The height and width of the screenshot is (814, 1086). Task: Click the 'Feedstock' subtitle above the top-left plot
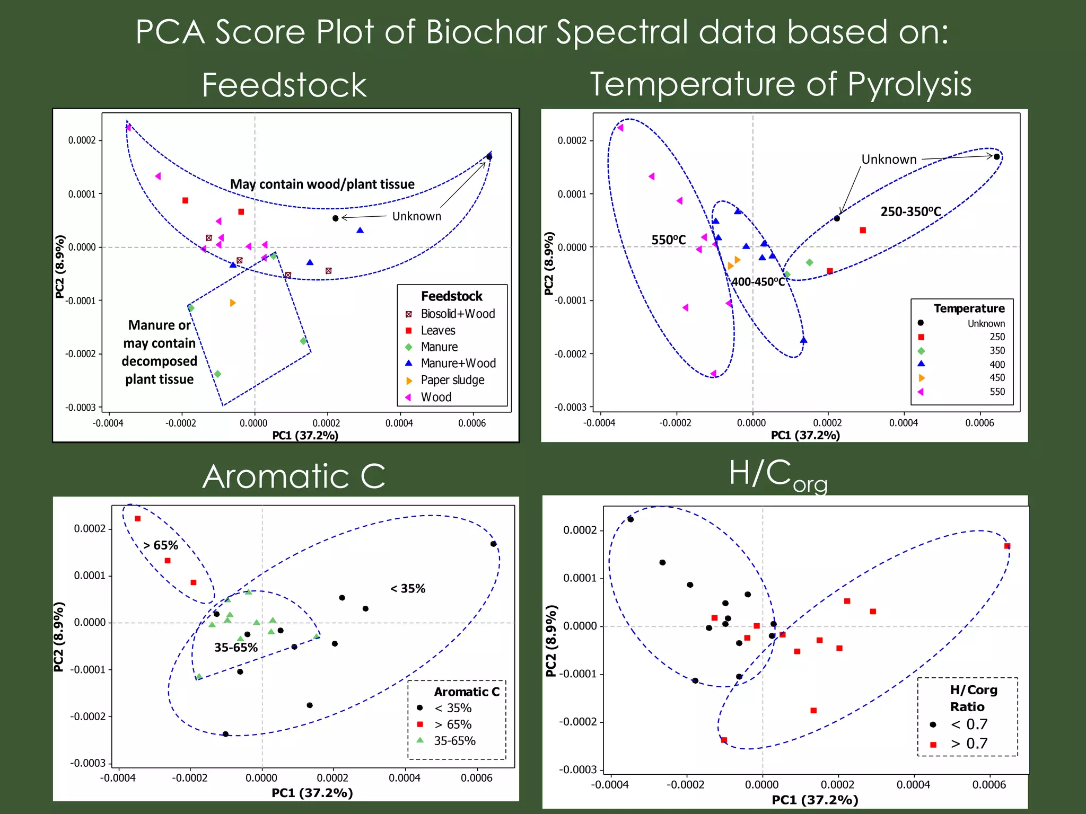coord(284,85)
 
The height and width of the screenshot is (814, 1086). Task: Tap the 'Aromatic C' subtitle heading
coord(293,475)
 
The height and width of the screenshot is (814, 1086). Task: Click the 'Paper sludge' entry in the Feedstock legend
coord(452,380)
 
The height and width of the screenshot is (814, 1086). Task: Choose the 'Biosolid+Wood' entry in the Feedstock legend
coord(457,314)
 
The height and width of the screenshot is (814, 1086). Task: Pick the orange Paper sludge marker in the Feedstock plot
coord(232,303)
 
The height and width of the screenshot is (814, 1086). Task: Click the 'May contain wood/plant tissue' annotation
coord(322,184)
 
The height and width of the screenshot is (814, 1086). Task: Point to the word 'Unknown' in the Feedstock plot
coord(416,216)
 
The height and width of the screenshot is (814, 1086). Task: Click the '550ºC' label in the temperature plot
coord(668,240)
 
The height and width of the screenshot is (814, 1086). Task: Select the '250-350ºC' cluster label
coord(910,211)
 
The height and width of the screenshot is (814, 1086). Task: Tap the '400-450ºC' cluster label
coord(758,282)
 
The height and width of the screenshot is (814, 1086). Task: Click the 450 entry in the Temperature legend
coord(996,378)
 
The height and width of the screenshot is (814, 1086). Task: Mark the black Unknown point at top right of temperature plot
coord(996,157)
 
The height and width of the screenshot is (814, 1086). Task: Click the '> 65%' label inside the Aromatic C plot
coord(161,545)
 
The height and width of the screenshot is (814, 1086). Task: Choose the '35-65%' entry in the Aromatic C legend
coord(454,741)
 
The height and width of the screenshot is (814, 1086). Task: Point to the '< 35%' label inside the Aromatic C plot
coord(408,588)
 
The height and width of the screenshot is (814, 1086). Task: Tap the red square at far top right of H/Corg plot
coord(1007,546)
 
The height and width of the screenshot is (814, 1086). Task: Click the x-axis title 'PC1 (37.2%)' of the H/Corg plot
coord(814,800)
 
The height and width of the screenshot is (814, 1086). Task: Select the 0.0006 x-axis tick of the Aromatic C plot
coord(476,778)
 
